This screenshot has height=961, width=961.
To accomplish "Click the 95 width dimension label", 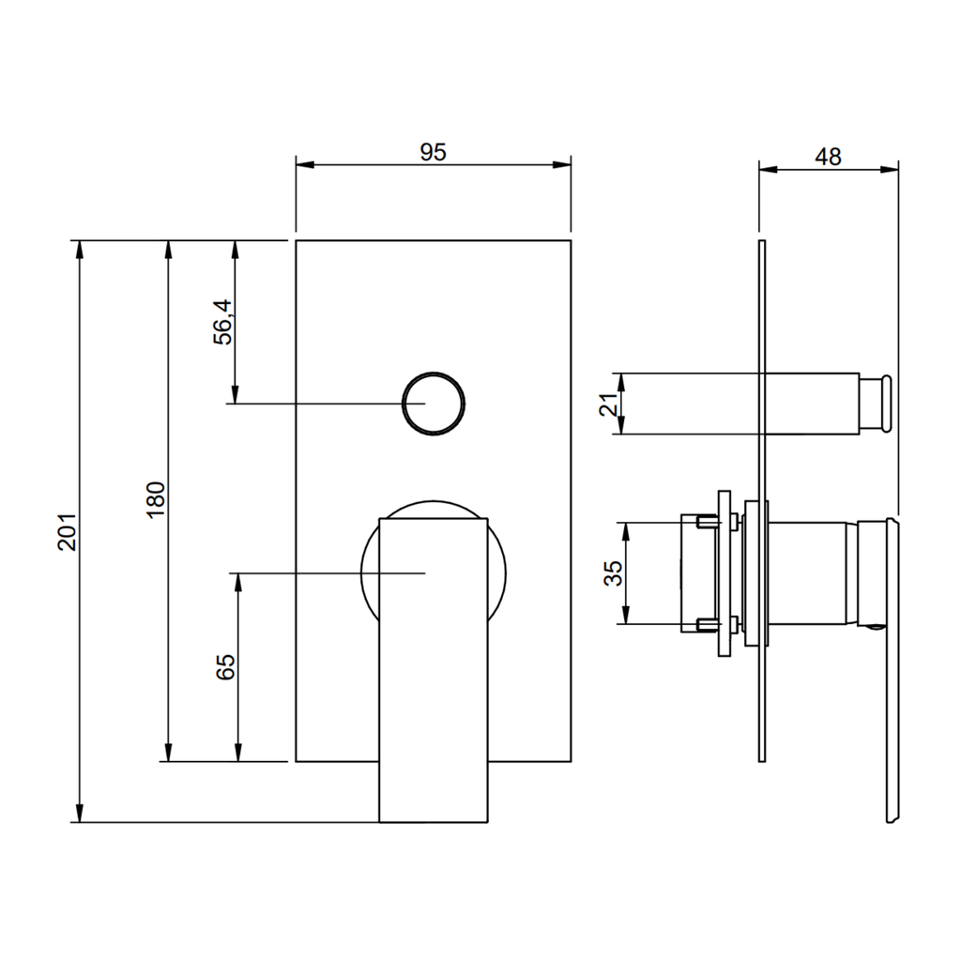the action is click(x=434, y=152).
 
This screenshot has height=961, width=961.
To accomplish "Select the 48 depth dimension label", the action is click(x=828, y=157).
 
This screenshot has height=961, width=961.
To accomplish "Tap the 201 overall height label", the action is click(x=68, y=532).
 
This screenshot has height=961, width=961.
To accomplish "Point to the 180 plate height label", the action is click(x=157, y=499).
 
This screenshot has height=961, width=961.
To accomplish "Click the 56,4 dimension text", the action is click(x=223, y=323).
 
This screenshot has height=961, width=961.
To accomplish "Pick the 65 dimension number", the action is click(x=225, y=667).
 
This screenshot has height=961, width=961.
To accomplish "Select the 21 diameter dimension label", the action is click(x=608, y=404).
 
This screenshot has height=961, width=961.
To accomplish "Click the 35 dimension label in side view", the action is click(x=613, y=573).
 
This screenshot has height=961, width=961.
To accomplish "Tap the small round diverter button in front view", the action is click(x=434, y=404).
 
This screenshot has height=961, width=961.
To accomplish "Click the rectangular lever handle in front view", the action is click(x=434, y=670).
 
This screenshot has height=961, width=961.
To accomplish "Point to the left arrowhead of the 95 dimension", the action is click(x=305, y=164).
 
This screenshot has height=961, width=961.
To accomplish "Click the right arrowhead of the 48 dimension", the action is click(x=890, y=169).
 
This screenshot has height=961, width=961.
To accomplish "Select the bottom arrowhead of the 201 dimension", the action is click(x=79, y=814).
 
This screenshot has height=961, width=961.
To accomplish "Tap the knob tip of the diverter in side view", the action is click(x=886, y=404).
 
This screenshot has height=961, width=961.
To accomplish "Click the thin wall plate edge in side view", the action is click(x=762, y=501).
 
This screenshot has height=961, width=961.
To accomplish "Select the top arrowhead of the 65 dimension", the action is click(x=238, y=583).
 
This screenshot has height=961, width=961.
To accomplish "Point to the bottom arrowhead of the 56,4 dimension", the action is click(x=234, y=394).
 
